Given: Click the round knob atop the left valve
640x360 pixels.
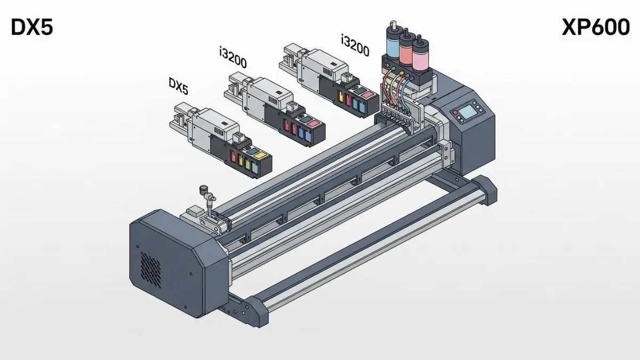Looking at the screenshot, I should click(x=203, y=189).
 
